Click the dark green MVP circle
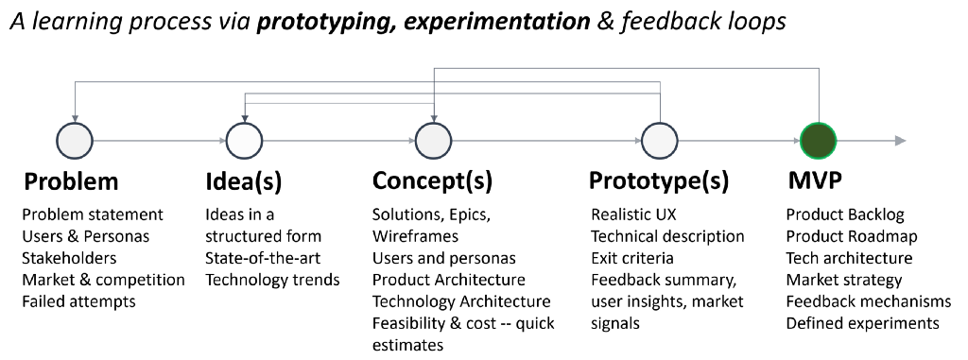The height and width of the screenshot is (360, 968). pos(819,141)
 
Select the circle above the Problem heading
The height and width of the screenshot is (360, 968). pos(75,141)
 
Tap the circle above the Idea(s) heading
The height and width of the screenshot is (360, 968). pos(245,141)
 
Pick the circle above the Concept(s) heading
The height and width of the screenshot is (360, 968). pos(433,141)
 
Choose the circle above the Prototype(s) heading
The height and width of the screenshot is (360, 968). pos(660,141)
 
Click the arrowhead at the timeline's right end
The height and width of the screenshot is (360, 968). pos(900,141)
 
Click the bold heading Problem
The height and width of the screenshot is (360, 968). pos(70,181)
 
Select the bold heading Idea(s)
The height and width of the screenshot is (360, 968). pos(243,181)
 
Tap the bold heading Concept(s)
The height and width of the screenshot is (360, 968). pos(432,181)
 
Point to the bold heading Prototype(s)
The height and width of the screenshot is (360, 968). pos(659,181)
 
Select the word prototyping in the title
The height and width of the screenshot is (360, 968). pos(317,22)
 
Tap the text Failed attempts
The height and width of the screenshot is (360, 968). pos(79,301)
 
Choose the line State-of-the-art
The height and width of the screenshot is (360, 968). pos(263,258)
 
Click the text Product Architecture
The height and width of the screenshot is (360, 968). pos(449,280)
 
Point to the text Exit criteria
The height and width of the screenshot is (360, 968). pos(632,258)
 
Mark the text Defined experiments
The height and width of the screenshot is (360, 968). pos(862,323)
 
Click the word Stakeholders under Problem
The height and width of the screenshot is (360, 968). pos(69,258)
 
